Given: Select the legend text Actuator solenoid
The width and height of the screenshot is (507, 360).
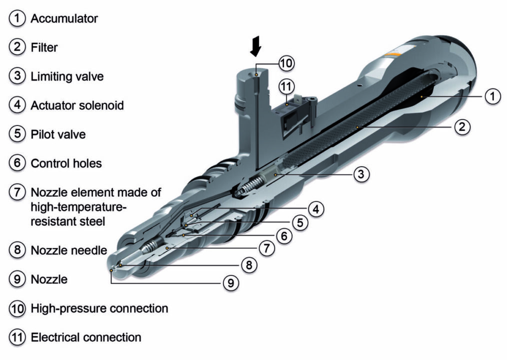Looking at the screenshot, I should coord(77,105).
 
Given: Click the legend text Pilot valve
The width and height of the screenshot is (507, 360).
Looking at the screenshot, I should coord(58,134).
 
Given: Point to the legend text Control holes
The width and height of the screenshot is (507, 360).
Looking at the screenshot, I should coord(66,163).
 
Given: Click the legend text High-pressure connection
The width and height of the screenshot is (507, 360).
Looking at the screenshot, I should coord(99,308).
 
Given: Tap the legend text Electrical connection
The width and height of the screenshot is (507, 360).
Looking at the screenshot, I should coord(86,337).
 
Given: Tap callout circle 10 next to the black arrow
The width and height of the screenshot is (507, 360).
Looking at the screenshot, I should coord(286,63).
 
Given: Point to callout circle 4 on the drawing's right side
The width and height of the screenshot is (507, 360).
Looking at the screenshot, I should coord(315,208).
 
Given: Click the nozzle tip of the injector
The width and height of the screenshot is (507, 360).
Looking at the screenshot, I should coord(112,270).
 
